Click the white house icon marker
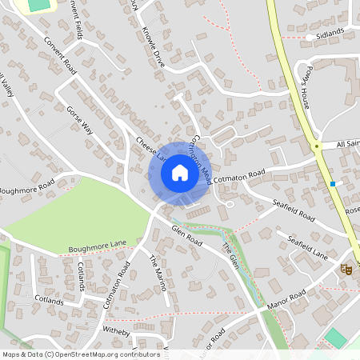click(x=180, y=172)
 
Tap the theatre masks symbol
click(x=346, y=270)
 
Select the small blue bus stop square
click(x=333, y=184)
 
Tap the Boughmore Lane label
click(x=98, y=245)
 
